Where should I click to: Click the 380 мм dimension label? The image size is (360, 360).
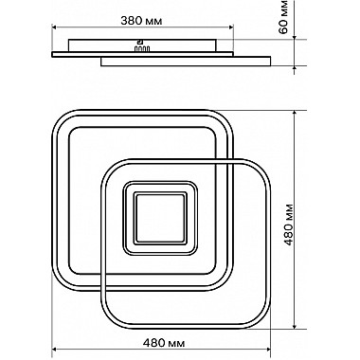(141, 21)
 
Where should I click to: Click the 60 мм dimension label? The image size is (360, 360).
(284, 17)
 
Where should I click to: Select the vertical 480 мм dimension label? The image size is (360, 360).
(289, 225)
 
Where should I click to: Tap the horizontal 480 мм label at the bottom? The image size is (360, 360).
(164, 342)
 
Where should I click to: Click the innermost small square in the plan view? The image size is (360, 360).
(160, 218)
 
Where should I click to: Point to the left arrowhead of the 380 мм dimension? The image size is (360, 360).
(54, 27)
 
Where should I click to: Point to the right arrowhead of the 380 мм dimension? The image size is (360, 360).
(230, 27)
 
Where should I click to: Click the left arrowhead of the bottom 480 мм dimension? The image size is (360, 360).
(54, 350)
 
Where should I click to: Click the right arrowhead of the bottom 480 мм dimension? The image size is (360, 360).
(268, 350)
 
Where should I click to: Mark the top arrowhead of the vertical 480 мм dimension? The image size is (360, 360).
(295, 113)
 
